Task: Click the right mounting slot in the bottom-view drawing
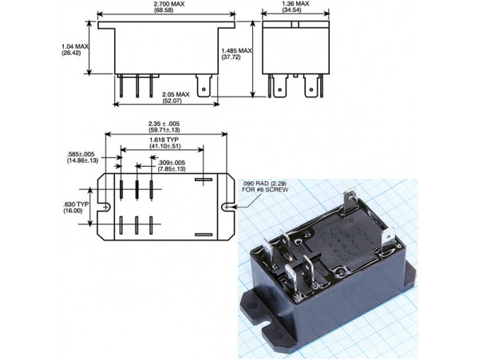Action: coord(229,208)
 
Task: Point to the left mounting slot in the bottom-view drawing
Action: coord(103,208)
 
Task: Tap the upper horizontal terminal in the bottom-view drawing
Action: coord(204,180)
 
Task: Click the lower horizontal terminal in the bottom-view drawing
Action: coord(204,234)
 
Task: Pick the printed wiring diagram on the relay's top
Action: coord(344,239)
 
